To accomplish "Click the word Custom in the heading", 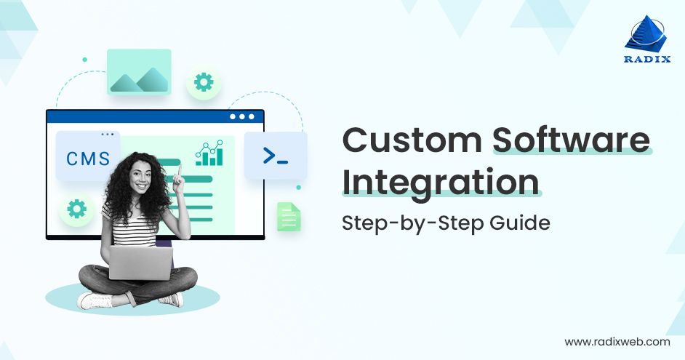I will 412,140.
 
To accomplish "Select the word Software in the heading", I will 572,140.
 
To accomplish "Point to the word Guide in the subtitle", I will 519,222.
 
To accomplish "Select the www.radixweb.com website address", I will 617,341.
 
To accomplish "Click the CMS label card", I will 88,157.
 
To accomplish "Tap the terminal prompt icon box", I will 276,155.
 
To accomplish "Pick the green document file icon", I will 289,217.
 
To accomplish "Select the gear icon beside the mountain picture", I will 204,82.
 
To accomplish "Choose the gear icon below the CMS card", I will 76,209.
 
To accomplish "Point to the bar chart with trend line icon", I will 209,153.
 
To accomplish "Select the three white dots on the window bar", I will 242,116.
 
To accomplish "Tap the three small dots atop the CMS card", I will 108,135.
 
